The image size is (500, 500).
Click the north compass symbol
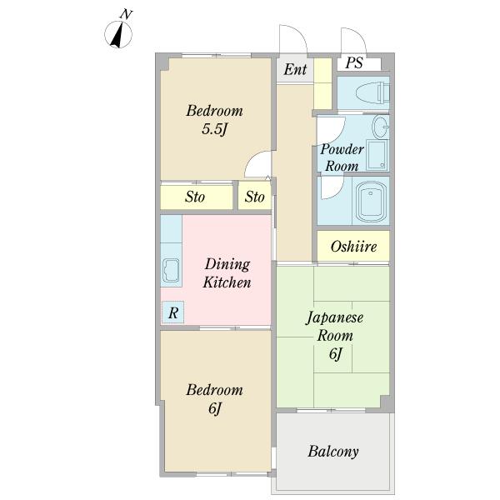(118, 34)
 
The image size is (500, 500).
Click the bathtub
(371, 202)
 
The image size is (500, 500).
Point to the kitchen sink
(171, 271)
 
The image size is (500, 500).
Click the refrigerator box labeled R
(172, 312)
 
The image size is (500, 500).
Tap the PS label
(354, 62)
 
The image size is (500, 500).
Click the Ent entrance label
(295, 69)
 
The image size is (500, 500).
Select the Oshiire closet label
(353, 247)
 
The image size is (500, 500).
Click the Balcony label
(333, 452)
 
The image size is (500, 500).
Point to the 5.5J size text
(215, 129)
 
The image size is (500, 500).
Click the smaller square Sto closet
(254, 197)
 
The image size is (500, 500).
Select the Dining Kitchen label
(227, 273)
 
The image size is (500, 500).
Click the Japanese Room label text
(335, 326)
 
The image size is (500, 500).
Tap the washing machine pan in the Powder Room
(377, 155)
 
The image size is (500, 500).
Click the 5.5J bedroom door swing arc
(254, 157)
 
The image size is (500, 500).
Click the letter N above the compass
(127, 14)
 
